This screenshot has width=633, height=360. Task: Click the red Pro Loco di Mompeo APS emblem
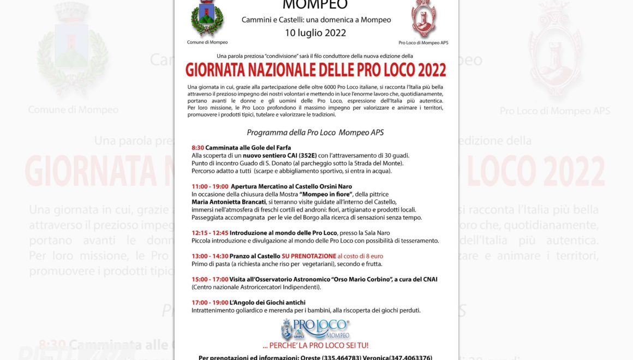tap(423, 19)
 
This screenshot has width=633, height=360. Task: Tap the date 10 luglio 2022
tap(315, 33)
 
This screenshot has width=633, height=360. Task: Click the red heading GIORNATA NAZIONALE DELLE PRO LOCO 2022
tap(315, 70)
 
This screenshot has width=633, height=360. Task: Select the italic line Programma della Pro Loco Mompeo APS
tap(315, 132)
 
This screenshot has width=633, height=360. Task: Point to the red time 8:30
tap(198, 148)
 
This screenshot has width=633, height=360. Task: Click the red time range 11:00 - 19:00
tap(210, 187)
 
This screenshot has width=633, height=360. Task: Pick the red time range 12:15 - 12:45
tap(210, 233)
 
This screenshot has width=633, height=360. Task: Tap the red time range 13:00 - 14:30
tap(210, 256)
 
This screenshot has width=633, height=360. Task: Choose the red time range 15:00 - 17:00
tap(210, 279)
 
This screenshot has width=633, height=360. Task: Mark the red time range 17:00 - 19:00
tap(210, 302)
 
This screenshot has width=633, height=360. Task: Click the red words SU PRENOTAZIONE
tap(309, 256)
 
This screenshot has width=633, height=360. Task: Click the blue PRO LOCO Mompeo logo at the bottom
tap(315, 329)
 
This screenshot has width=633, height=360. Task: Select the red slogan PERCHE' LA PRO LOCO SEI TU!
tap(315, 345)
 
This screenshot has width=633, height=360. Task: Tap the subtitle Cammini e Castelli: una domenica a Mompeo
tap(316, 20)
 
